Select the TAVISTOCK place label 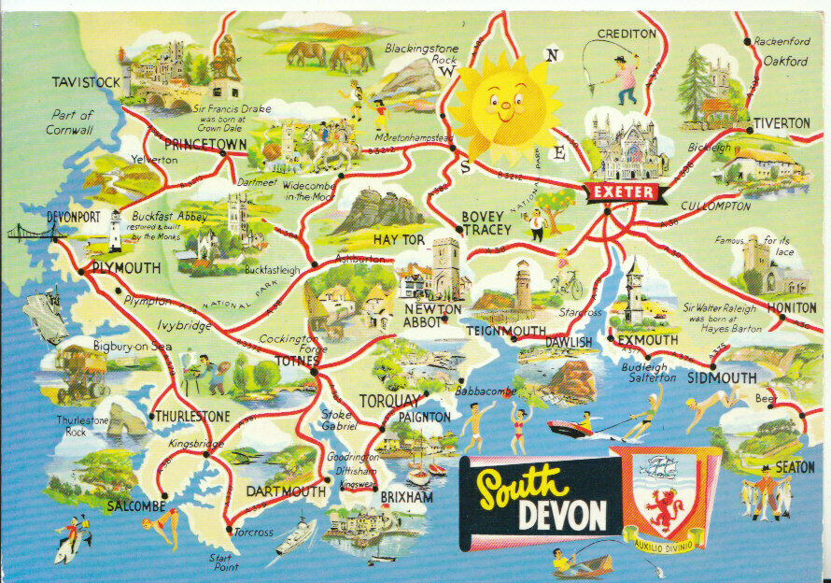pyautogui.click(x=86, y=82)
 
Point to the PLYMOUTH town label pyautogui.click(x=126, y=268)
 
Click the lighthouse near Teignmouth pyautogui.click(x=524, y=286)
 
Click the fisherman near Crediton pyautogui.click(x=624, y=79)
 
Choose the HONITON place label pyautogui.click(x=792, y=307)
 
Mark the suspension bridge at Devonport pyautogui.click(x=28, y=232)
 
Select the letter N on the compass pyautogui.click(x=552, y=55)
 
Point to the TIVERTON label pyautogui.click(x=782, y=123)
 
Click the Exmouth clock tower pyautogui.click(x=634, y=290)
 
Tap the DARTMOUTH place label pyautogui.click(x=286, y=491)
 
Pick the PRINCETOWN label pyautogui.click(x=204, y=145)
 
